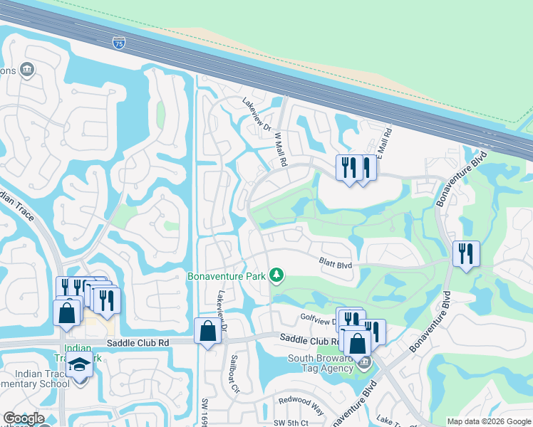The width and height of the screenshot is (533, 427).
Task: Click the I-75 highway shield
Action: pos(118,43)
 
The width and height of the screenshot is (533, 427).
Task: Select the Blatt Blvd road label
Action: pos(335,265)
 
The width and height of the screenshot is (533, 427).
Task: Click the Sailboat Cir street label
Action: pos(234,371)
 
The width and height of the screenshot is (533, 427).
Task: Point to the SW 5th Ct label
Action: pos(291,423)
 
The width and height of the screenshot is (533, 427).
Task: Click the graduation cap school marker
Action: pos(79,365)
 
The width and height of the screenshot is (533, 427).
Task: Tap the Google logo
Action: pos(23,418)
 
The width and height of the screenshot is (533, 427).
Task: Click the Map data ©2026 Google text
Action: pos(488,421)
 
